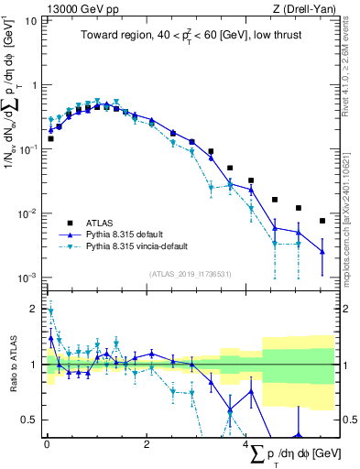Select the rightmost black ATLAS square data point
[x=322, y=221]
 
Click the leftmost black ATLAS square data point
[x=50, y=139]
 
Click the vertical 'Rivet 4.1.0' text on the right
[x=348, y=69]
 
